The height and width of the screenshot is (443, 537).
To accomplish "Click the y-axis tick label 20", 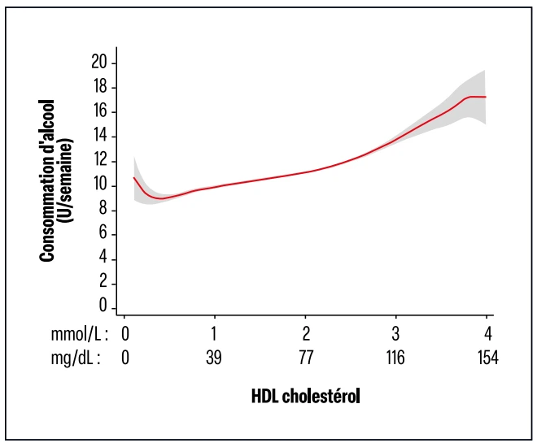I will [100, 63].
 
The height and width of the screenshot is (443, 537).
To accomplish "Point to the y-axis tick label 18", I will [100, 87].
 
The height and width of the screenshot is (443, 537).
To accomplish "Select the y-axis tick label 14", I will [100, 136].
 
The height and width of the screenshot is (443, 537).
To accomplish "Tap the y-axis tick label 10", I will [100, 185].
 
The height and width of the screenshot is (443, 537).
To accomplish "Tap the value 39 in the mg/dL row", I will [215, 358].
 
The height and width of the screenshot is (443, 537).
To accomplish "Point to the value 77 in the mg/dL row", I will [305, 358].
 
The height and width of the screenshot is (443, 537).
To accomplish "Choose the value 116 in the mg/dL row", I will [395, 358].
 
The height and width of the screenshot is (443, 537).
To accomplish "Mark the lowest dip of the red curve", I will [161, 198].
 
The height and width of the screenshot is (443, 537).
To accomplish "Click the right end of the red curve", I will [486, 97].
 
